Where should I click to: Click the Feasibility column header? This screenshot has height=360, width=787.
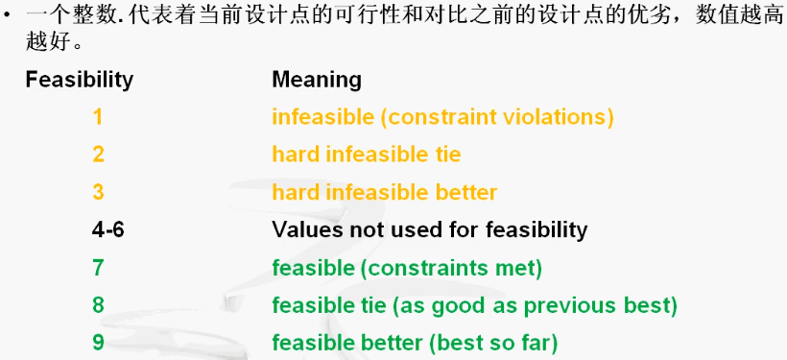(x=79, y=79)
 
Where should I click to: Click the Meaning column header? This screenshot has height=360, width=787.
(x=317, y=79)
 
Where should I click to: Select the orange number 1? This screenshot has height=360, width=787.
(x=98, y=117)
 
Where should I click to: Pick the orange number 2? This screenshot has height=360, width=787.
(x=98, y=155)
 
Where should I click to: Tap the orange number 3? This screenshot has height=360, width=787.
(x=98, y=192)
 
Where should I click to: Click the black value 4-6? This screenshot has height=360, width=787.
(x=107, y=229)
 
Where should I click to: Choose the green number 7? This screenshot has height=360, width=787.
(x=98, y=268)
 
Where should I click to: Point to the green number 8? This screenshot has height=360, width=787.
(x=98, y=305)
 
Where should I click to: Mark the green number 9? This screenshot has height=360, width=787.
(x=98, y=343)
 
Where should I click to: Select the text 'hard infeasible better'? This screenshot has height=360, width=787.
(x=384, y=192)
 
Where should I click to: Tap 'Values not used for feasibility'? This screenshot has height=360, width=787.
(x=429, y=229)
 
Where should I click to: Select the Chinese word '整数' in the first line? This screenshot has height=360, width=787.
(x=81, y=16)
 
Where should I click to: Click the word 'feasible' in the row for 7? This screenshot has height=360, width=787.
(x=313, y=268)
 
